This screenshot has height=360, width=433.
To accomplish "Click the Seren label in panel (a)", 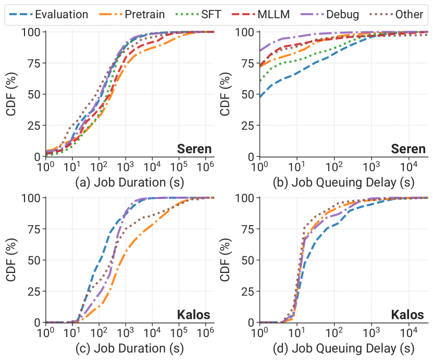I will (193, 150).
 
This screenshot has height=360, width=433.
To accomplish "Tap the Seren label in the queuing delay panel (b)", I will (408, 150).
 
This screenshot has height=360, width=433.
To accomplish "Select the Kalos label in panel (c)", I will (194, 315).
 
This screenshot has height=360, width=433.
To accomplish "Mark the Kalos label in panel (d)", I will (409, 315).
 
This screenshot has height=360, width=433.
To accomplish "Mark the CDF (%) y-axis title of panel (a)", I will (11, 94).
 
